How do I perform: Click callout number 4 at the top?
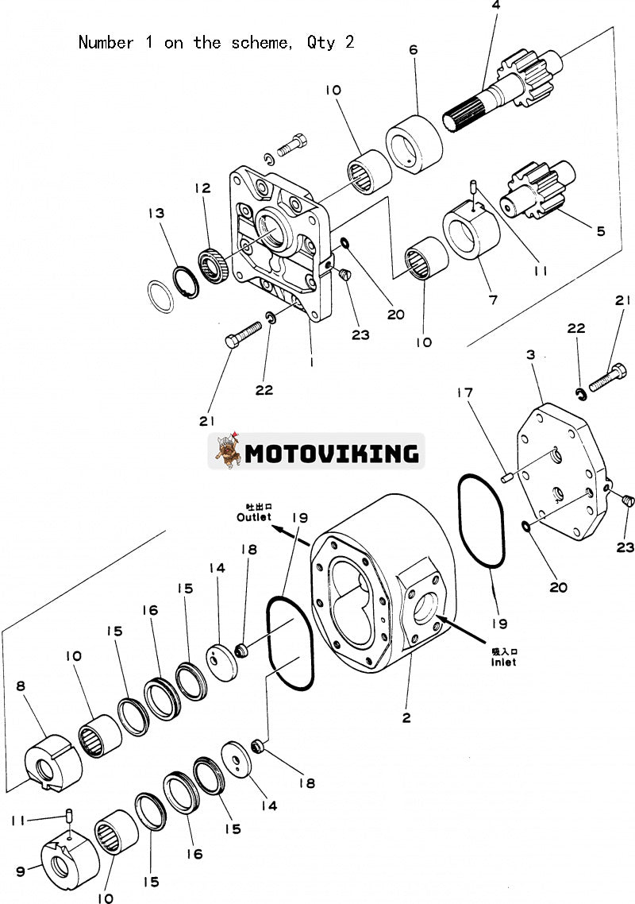point(496,6)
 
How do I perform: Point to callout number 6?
point(414,49)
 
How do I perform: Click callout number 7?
point(493,301)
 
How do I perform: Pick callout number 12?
point(203,188)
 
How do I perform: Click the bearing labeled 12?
point(213,265)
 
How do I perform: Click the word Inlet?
point(502,662)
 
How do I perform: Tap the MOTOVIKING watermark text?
point(332,454)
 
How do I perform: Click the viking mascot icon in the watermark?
point(226,452)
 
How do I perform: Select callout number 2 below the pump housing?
point(406,718)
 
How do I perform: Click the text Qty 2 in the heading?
point(330,42)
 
